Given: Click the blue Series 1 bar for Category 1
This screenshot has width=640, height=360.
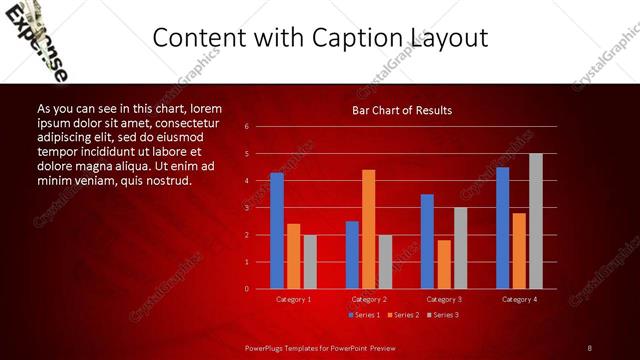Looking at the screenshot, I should (x=277, y=231).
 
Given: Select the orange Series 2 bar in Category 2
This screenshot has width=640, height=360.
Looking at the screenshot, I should (x=368, y=229).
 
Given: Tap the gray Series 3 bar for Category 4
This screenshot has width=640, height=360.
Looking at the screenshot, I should (x=535, y=221).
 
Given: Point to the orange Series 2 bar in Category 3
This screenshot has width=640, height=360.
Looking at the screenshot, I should (x=444, y=264).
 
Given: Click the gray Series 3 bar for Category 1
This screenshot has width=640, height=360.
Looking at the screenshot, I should (x=310, y=262).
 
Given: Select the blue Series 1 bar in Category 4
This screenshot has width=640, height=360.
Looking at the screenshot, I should (x=502, y=228).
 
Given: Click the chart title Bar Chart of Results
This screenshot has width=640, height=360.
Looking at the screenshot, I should (x=402, y=110).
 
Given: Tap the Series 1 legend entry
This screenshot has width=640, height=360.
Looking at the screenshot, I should (x=364, y=315).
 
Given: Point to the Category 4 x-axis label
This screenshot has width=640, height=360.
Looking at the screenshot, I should (x=518, y=299).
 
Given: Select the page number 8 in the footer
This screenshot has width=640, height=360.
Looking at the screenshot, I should (x=590, y=347).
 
